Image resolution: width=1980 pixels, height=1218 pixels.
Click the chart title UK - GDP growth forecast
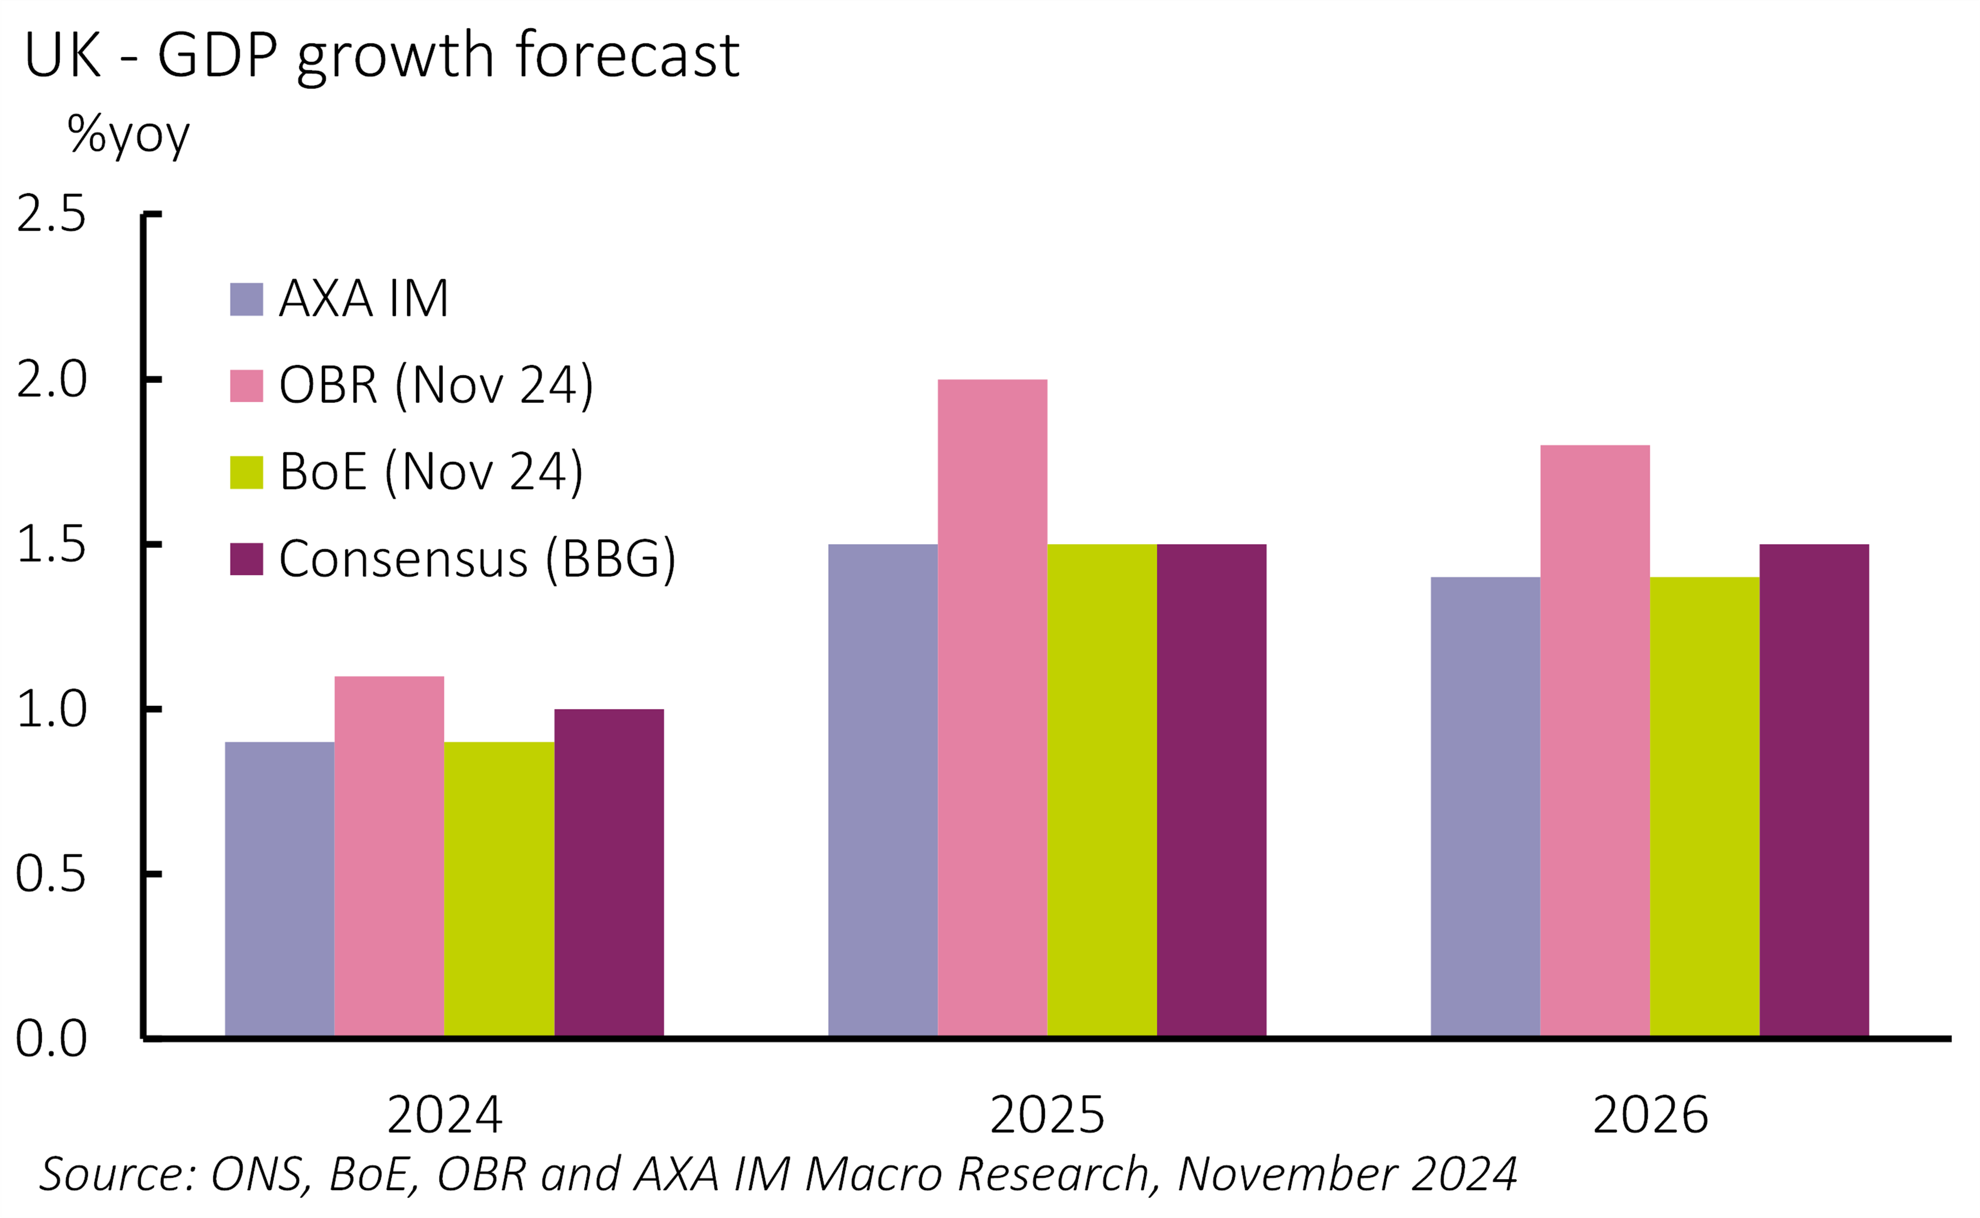[381, 56]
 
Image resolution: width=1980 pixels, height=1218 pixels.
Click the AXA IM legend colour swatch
[247, 300]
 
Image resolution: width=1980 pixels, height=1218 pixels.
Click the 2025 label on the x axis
[1047, 1116]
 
